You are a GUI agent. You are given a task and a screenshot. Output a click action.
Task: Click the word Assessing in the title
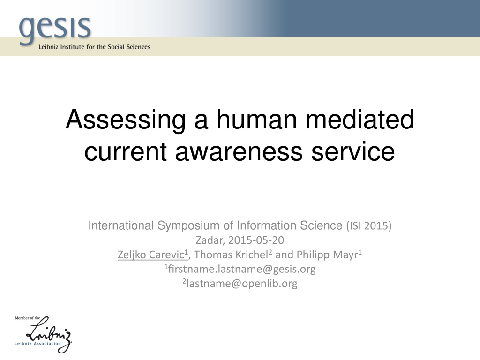[126, 120]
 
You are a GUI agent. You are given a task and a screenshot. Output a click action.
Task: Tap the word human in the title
[257, 120]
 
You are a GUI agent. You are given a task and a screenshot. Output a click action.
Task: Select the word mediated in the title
[360, 120]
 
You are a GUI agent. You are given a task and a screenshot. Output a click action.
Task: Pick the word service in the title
[353, 151]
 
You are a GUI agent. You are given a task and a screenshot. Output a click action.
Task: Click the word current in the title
[126, 151]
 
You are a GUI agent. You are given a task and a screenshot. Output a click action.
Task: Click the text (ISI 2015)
[369, 226]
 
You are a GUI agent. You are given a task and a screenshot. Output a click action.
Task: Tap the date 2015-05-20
[256, 240]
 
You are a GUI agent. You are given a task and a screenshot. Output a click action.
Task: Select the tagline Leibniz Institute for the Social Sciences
[94, 47]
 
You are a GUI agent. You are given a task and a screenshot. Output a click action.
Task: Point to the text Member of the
[28, 318]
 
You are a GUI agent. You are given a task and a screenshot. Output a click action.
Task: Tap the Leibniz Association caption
[37, 344]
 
